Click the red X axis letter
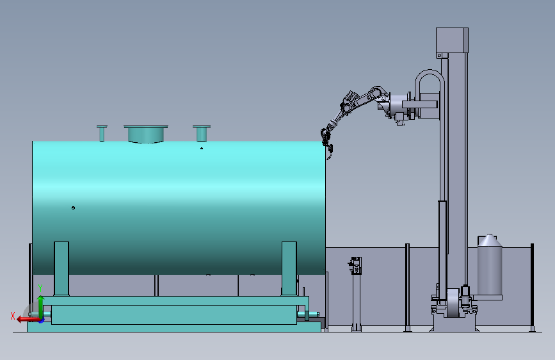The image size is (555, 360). coord(13,316)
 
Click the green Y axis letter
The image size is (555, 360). coord(40,288)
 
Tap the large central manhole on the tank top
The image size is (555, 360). coord(146,134)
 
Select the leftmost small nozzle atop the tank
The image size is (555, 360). coord(102,133)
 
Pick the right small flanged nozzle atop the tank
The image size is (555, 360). coord(202,133)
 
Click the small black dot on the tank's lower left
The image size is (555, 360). coord(73,208)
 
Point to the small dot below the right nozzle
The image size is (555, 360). coord(202,148)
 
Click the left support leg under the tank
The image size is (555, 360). coord(61,268)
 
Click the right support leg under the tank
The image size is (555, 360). coord(289,268)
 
